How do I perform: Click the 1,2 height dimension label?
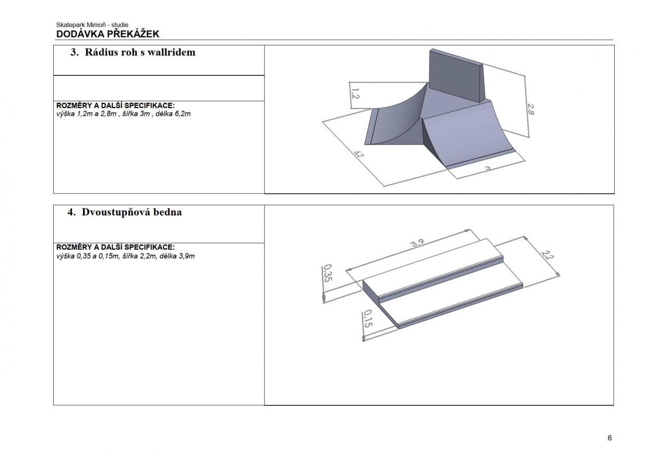click(355, 93)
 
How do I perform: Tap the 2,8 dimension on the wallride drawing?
click(531, 109)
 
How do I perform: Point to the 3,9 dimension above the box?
click(417, 243)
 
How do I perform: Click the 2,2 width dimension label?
click(547, 255)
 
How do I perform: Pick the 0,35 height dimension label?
click(328, 273)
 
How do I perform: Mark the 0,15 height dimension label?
click(368, 319)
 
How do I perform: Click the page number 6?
click(610, 438)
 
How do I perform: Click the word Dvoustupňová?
click(116, 212)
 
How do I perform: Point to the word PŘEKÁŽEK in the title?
click(133, 34)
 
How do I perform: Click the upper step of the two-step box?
click(433, 268)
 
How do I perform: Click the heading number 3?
click(75, 52)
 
